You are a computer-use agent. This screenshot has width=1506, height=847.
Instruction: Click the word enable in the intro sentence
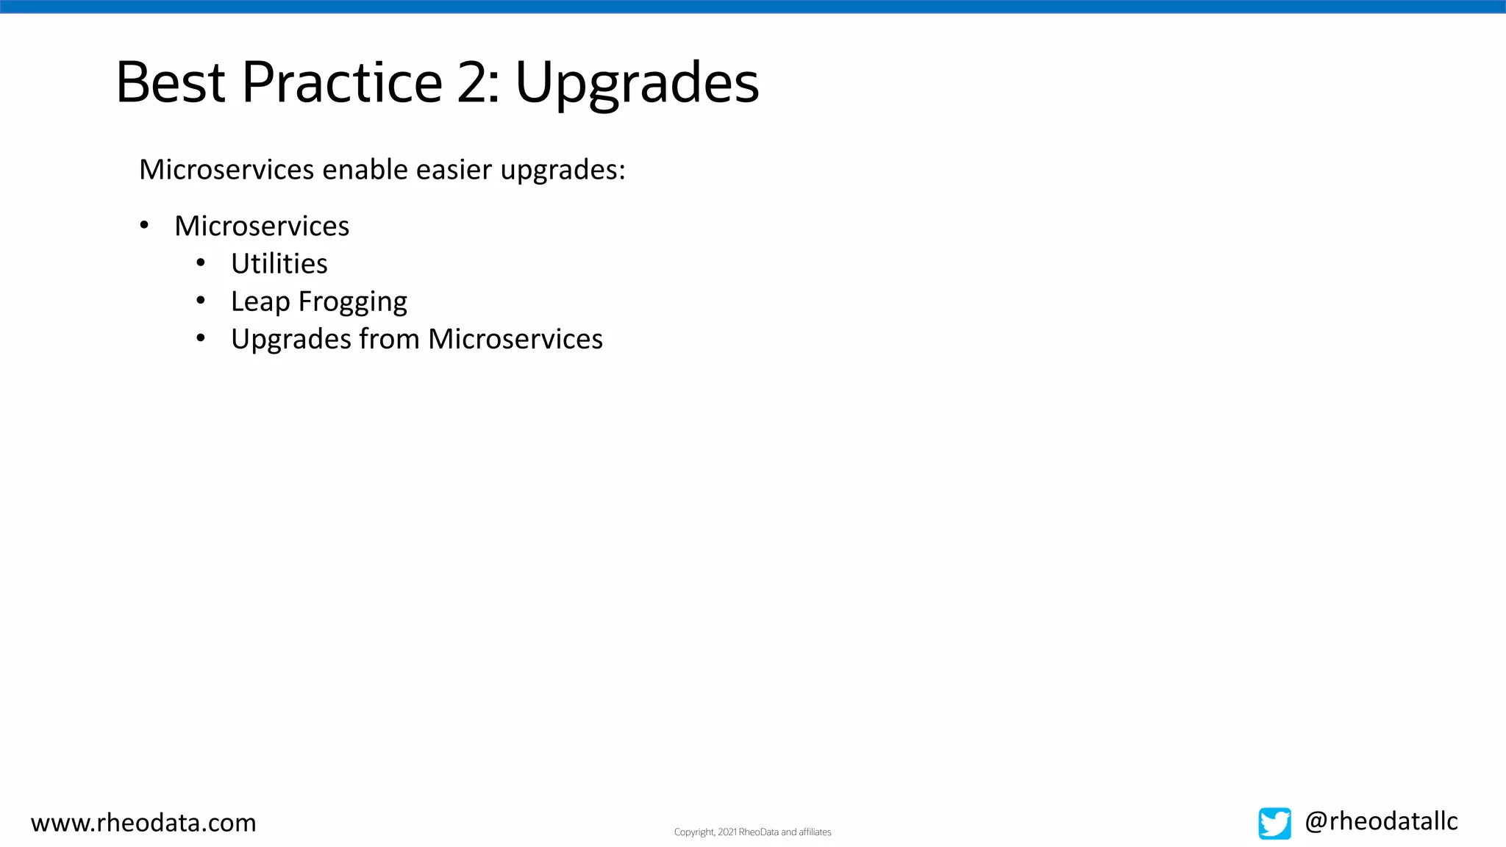tap(365, 169)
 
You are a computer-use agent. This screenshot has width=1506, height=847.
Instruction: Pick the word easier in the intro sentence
tap(454, 169)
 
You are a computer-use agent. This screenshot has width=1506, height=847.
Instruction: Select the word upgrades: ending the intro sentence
tap(563, 171)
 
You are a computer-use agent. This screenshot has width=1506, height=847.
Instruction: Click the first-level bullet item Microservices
tap(262, 226)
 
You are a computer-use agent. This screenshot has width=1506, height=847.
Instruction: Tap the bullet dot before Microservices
tap(144, 225)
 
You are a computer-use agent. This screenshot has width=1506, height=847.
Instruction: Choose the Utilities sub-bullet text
tap(279, 263)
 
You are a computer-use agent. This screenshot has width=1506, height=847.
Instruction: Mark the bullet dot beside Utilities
tap(201, 262)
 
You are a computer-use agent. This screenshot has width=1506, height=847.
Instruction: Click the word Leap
tap(260, 302)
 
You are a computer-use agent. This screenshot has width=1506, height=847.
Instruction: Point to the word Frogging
tap(353, 302)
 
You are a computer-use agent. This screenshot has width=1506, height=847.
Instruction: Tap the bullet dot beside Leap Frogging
tap(201, 300)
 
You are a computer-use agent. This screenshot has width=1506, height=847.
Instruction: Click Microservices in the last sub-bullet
tap(515, 339)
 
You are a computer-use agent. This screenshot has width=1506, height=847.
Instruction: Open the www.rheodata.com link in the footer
tap(143, 822)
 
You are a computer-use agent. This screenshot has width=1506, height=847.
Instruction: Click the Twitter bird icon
tap(1274, 823)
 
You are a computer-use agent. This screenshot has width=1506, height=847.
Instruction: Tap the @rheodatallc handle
tap(1381, 821)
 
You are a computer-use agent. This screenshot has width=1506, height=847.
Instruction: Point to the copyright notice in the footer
tap(752, 832)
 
